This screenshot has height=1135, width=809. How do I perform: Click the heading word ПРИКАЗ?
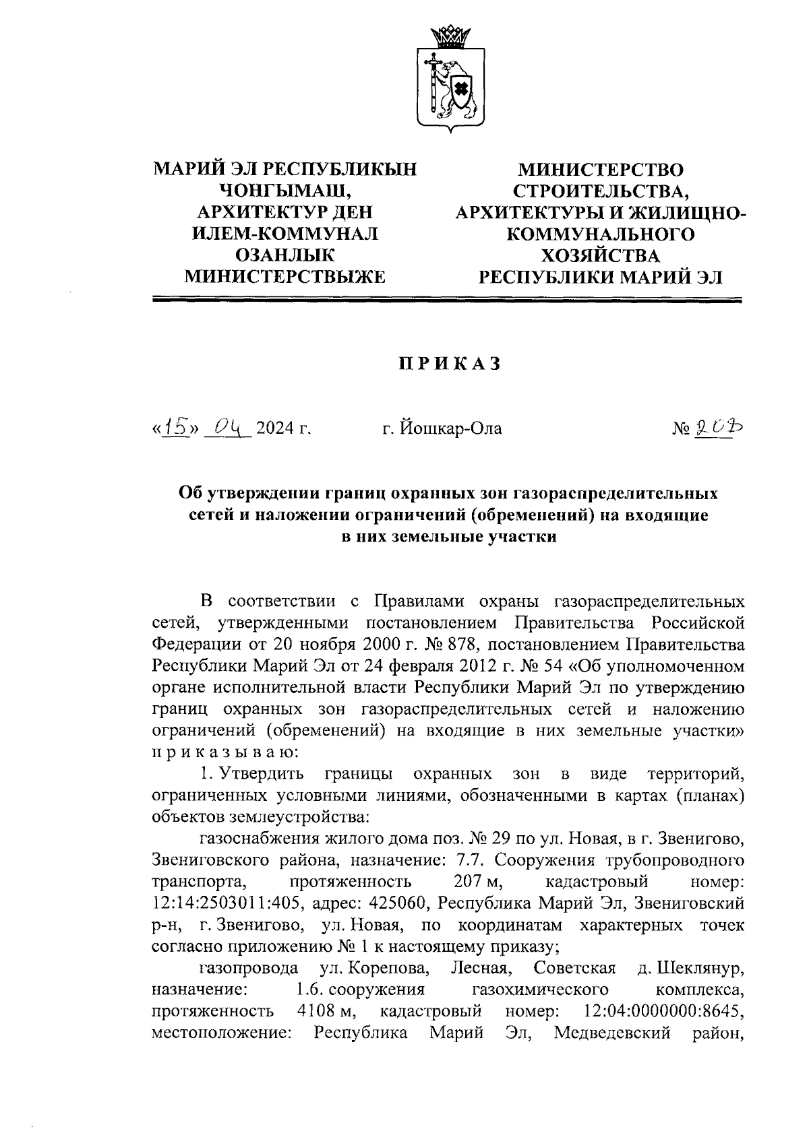click(x=448, y=364)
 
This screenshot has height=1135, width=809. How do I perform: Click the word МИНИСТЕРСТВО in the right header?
click(x=599, y=169)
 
